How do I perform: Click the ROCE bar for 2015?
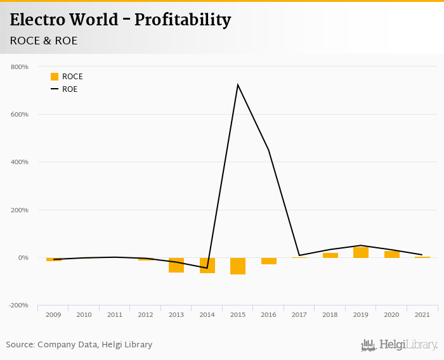[x=238, y=266]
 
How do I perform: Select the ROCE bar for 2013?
[x=176, y=265]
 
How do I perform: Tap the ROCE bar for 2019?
[x=361, y=252]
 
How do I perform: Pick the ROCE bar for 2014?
[x=207, y=266]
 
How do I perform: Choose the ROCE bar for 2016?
[x=269, y=261]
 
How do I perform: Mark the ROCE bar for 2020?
[x=392, y=254]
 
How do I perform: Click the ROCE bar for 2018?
[x=330, y=255]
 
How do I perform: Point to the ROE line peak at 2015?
[x=238, y=85]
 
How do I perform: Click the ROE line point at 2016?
[x=269, y=150]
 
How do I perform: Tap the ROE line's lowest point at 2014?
[x=207, y=268]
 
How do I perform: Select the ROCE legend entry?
[x=67, y=77]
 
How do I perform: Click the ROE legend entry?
[x=64, y=89]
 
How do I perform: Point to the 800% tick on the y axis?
[x=20, y=67]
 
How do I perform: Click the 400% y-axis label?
[x=20, y=162]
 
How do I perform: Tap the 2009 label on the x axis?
[x=53, y=314]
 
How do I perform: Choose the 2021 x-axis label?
[x=422, y=314]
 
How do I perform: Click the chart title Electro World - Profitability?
[x=121, y=20]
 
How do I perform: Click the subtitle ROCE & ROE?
[x=44, y=41]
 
